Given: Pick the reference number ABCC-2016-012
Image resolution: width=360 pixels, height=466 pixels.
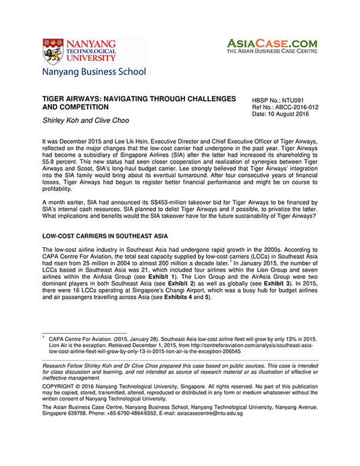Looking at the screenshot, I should coord(295,107).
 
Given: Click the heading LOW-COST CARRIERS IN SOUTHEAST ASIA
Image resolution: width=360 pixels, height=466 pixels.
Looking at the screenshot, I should coord(107,235).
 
